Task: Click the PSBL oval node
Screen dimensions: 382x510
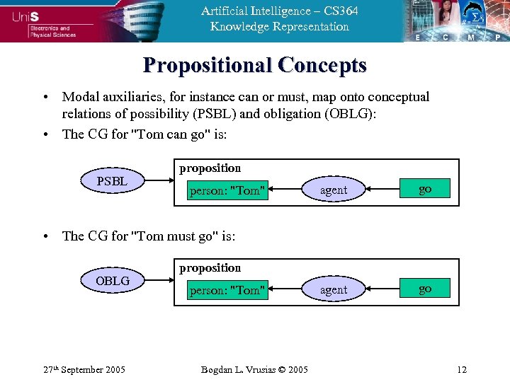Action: coord(112,182)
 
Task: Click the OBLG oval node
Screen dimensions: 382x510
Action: coord(112,282)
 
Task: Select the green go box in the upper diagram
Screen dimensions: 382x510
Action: coord(425,190)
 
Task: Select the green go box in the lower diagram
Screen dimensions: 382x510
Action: coord(425,289)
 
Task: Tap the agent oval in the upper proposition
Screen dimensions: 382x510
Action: coord(333,190)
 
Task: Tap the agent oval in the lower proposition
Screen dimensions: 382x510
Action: coord(333,289)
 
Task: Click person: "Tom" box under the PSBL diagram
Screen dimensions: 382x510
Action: coord(227,190)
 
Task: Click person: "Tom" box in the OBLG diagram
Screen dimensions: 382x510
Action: coord(227,290)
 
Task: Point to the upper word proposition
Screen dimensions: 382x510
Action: coord(210,168)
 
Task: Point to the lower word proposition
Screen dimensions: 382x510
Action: coord(210,268)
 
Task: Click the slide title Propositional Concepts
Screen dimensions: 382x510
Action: coord(255,65)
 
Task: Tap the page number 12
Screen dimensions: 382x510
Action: coord(462,370)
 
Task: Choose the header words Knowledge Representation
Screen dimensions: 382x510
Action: coord(279,27)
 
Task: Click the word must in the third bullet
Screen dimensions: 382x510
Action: coord(166,236)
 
